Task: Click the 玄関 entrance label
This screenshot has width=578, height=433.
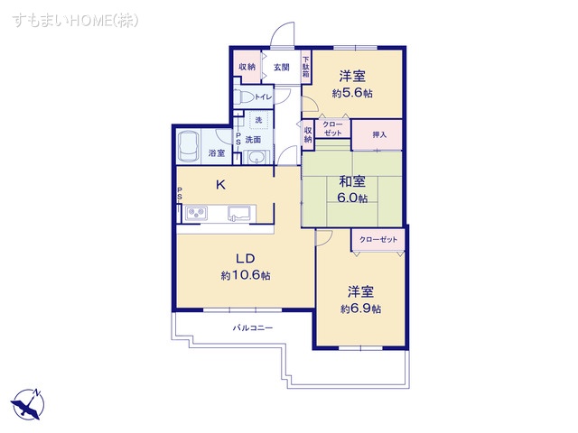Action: click(x=281, y=68)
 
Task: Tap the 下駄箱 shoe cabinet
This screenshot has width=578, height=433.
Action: click(x=305, y=69)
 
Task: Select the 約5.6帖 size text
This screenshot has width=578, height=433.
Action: click(x=352, y=94)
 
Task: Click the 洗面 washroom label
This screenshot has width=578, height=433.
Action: click(x=253, y=139)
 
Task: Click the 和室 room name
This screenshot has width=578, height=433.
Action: click(x=352, y=180)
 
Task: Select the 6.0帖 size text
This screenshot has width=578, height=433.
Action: click(x=352, y=198)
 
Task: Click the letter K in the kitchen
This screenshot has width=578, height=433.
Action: click(x=220, y=185)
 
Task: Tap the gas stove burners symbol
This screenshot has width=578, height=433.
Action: click(x=198, y=213)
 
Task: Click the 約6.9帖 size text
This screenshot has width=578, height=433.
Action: click(x=361, y=309)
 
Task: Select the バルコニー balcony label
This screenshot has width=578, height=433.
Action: click(x=253, y=327)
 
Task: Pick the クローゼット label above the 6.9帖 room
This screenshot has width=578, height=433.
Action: click(x=378, y=240)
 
